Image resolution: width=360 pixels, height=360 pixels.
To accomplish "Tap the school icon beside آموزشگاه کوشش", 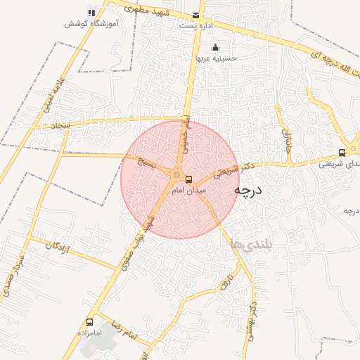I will [x=91, y=13].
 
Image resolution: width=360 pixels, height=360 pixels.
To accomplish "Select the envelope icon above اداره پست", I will [x=195, y=15].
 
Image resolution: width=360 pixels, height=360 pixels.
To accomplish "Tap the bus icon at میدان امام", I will [x=188, y=180].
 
